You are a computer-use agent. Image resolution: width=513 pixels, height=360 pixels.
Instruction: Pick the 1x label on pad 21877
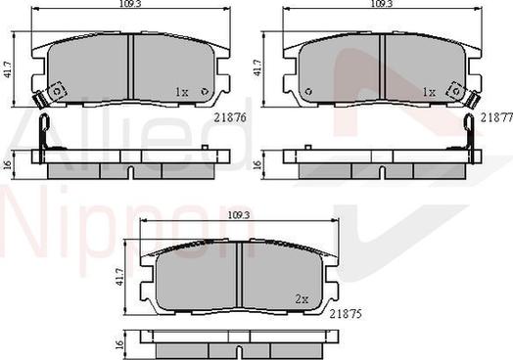point(428,92)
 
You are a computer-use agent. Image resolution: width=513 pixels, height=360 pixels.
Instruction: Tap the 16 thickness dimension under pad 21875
point(121,345)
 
